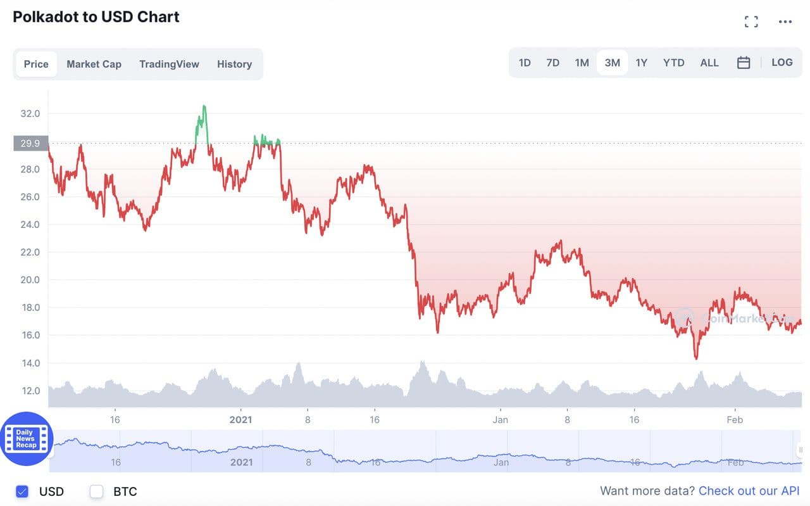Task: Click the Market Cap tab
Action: click(94, 64)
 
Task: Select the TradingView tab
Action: click(169, 64)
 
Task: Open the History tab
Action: click(234, 64)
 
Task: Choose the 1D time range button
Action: click(525, 63)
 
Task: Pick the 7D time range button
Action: click(553, 63)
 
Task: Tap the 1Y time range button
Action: click(642, 63)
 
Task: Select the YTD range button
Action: click(674, 63)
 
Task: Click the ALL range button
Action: click(709, 63)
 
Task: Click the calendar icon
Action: click(744, 63)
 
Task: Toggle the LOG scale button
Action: click(782, 63)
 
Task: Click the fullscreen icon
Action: click(751, 22)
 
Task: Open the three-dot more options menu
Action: click(785, 22)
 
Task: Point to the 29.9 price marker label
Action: click(30, 143)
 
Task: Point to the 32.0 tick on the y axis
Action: click(30, 114)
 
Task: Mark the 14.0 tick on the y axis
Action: click(30, 363)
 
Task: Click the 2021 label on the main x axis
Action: click(240, 420)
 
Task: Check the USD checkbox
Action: click(23, 491)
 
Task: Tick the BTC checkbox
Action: click(96, 491)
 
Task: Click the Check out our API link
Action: click(749, 491)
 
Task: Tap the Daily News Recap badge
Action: click(26, 439)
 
